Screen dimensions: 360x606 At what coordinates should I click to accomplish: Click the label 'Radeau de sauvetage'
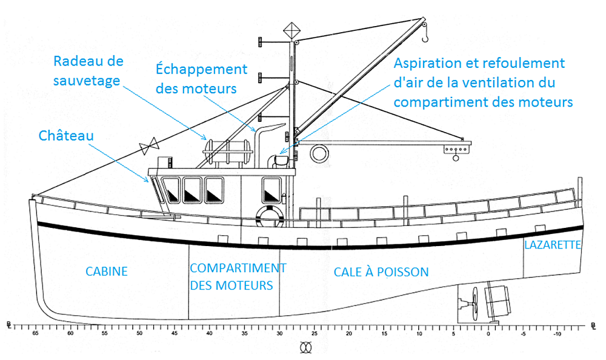pyautogui.click(x=88, y=70)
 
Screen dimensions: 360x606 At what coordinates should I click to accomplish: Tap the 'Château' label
pyautogui.click(x=67, y=135)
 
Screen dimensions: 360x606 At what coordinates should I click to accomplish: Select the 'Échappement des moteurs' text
pyautogui.click(x=201, y=78)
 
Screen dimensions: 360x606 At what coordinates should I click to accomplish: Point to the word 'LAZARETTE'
pyautogui.click(x=553, y=245)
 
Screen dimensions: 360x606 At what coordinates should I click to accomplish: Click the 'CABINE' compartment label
pyautogui.click(x=107, y=271)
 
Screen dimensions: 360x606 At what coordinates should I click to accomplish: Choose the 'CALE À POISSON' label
pyautogui.click(x=381, y=272)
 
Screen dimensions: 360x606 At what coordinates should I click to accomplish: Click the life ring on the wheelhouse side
pyautogui.click(x=269, y=215)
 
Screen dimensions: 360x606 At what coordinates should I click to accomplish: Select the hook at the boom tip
pyautogui.click(x=424, y=38)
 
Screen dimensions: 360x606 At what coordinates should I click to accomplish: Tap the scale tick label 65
pyautogui.click(x=35, y=334)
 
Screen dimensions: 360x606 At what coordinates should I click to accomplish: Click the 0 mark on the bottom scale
pyautogui.click(x=488, y=334)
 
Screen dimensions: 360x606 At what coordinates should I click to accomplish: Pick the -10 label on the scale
pyautogui.click(x=556, y=334)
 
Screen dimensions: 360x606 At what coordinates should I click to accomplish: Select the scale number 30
pyautogui.click(x=279, y=334)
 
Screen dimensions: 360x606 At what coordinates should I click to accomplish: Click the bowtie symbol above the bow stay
pyautogui.click(x=148, y=146)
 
